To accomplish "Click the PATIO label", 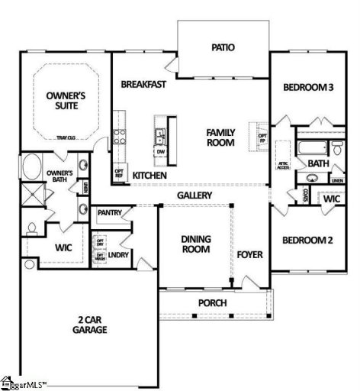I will [x=223, y=47].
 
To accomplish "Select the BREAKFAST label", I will [x=143, y=85].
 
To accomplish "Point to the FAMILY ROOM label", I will [x=221, y=137].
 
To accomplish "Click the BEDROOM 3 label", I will [x=308, y=88].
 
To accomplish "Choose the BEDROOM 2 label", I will [x=307, y=240].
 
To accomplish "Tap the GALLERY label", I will [x=194, y=195].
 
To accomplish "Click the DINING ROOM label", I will [x=196, y=244].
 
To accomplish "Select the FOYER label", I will [x=249, y=254].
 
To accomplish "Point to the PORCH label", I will [x=213, y=302].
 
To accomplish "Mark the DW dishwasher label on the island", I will [x=160, y=151].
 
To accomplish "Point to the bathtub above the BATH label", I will [x=313, y=147].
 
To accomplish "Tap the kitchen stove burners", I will [x=119, y=137].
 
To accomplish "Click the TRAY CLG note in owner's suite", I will [x=66, y=137].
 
